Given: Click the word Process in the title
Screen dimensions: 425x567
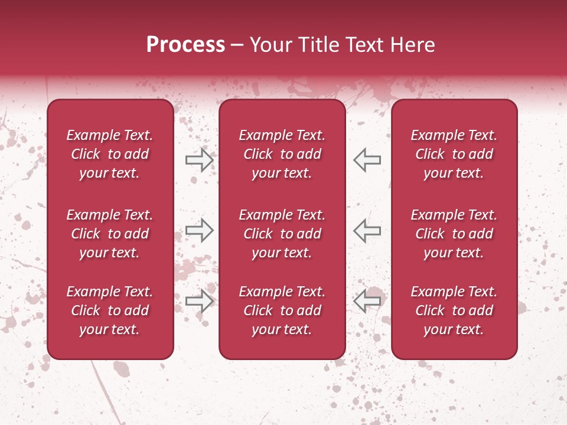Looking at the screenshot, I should pos(185,45).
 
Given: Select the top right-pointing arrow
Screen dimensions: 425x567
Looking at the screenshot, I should pos(200,159).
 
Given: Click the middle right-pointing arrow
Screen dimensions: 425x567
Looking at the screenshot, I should pos(200,230).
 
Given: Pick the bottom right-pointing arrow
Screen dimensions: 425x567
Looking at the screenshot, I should pos(200,300).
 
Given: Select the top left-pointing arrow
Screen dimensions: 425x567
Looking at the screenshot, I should pos(367,159).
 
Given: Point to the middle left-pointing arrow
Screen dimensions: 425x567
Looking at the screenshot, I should pos(367,230).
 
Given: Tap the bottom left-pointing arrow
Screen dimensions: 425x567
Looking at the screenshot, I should pos(367,300).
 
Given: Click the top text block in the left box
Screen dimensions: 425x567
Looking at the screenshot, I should pos(110,154).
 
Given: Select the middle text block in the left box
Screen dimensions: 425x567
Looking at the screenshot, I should pos(110,234).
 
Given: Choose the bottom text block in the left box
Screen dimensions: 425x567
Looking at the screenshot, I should pos(110,310).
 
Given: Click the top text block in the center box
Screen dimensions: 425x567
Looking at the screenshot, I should pos(282,154).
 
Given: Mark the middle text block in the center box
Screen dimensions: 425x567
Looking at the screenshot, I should pos(282,234).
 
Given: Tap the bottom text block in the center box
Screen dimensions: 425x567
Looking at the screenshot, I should pos(282,310).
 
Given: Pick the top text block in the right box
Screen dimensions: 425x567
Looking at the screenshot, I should pos(454,154).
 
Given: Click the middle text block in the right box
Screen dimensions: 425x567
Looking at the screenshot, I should pos(454,234).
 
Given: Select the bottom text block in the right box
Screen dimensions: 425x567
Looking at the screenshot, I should pos(454,310).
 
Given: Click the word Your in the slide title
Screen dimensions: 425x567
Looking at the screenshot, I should pos(269,45).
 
